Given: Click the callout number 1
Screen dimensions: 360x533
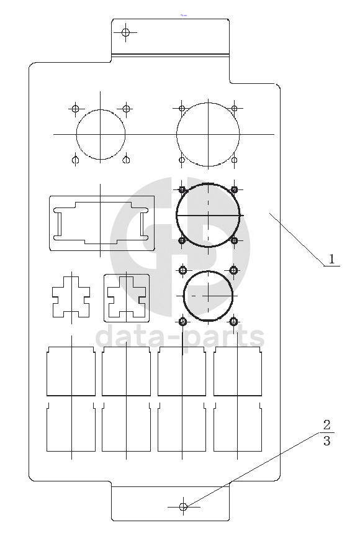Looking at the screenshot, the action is pos(332,259).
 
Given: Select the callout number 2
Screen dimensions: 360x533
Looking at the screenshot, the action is pos(326,424).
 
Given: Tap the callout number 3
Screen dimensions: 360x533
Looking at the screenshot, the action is pos(326,441).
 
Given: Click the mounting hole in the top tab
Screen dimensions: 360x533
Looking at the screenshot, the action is pos(125,33).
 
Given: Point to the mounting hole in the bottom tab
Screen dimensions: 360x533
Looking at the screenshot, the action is pos(183,507).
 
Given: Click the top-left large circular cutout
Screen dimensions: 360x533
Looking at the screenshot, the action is pos(76,135).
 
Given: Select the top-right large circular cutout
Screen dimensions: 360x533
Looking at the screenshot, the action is pos(177,135).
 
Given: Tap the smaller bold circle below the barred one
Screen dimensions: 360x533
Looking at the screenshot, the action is pos(184,296).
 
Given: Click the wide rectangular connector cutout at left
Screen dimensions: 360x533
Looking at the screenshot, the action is pos(50,224).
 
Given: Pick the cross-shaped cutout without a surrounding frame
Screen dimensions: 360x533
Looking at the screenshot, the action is pos(53,296).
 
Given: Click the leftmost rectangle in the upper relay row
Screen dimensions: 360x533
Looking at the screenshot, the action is pos(47,371).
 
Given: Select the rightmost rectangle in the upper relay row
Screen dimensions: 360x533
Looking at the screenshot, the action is pos(214,371).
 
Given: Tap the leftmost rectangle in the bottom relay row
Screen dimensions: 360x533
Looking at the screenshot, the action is pos(47,427).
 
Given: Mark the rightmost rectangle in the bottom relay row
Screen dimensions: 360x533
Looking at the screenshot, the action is pos(214,427).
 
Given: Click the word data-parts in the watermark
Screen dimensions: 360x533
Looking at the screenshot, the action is pos(180,337).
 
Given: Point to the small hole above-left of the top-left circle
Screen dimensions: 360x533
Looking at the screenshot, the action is pos(75,109).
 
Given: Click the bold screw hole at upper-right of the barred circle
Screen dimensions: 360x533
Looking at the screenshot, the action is pos(234,189).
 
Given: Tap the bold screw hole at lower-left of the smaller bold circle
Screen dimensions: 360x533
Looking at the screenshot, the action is pos(182,321).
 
